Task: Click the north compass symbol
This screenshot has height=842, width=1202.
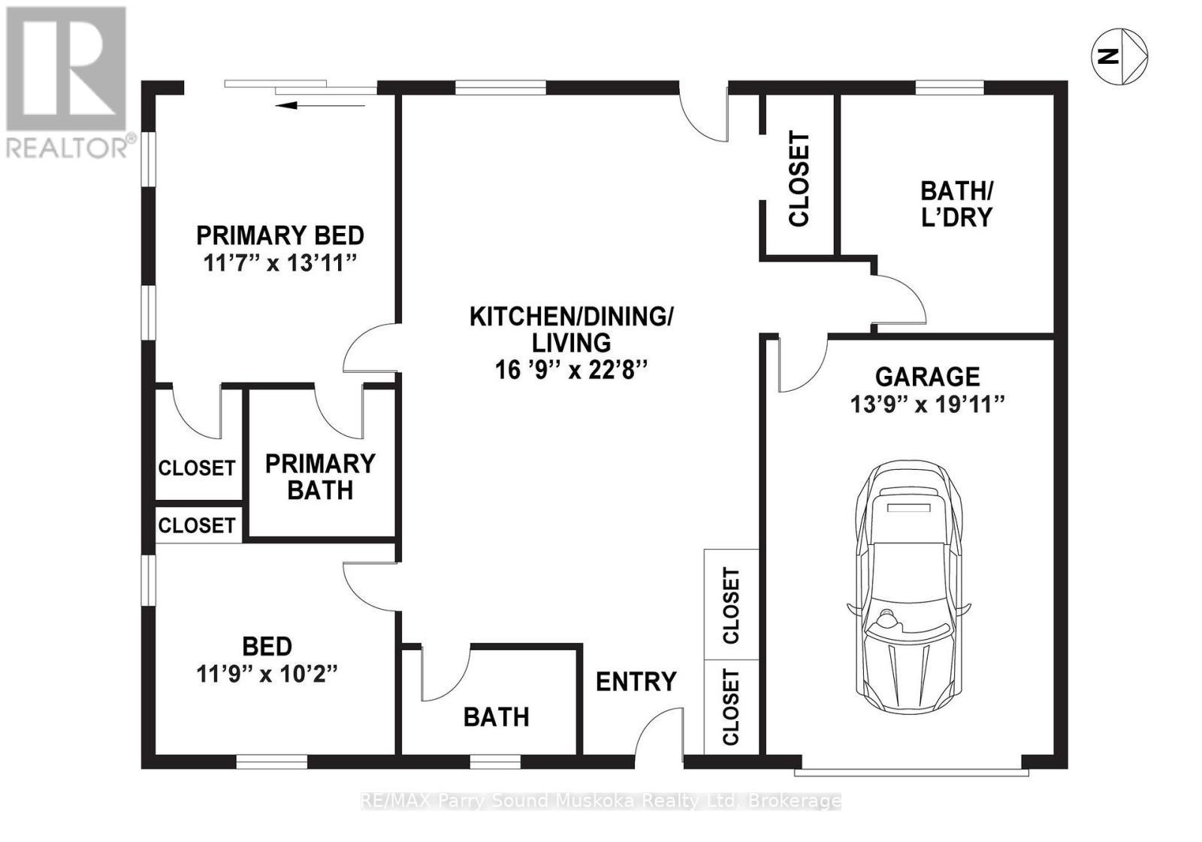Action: coord(1119,56)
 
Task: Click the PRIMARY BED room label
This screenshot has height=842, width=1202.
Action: coord(280,235)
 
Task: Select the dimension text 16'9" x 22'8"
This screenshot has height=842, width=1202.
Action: coord(571,370)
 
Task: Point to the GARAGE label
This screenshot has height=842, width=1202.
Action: coord(927,376)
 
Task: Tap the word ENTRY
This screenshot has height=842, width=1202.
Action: coord(636,682)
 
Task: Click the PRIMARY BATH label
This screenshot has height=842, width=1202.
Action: coord(320,477)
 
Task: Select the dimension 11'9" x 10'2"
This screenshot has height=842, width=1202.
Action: coord(267,674)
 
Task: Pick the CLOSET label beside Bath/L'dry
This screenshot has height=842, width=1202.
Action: coord(799,178)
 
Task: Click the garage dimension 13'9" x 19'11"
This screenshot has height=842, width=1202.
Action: coord(927,404)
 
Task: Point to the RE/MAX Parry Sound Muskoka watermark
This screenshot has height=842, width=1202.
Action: coord(601,801)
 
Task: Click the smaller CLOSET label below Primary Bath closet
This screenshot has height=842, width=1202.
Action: coord(197,525)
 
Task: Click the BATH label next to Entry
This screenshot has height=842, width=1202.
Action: coord(496,717)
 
